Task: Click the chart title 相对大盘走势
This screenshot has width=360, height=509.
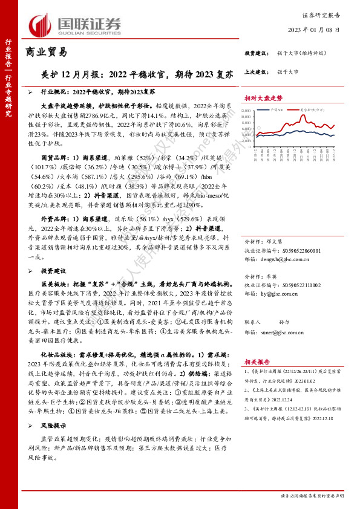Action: click(264, 97)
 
